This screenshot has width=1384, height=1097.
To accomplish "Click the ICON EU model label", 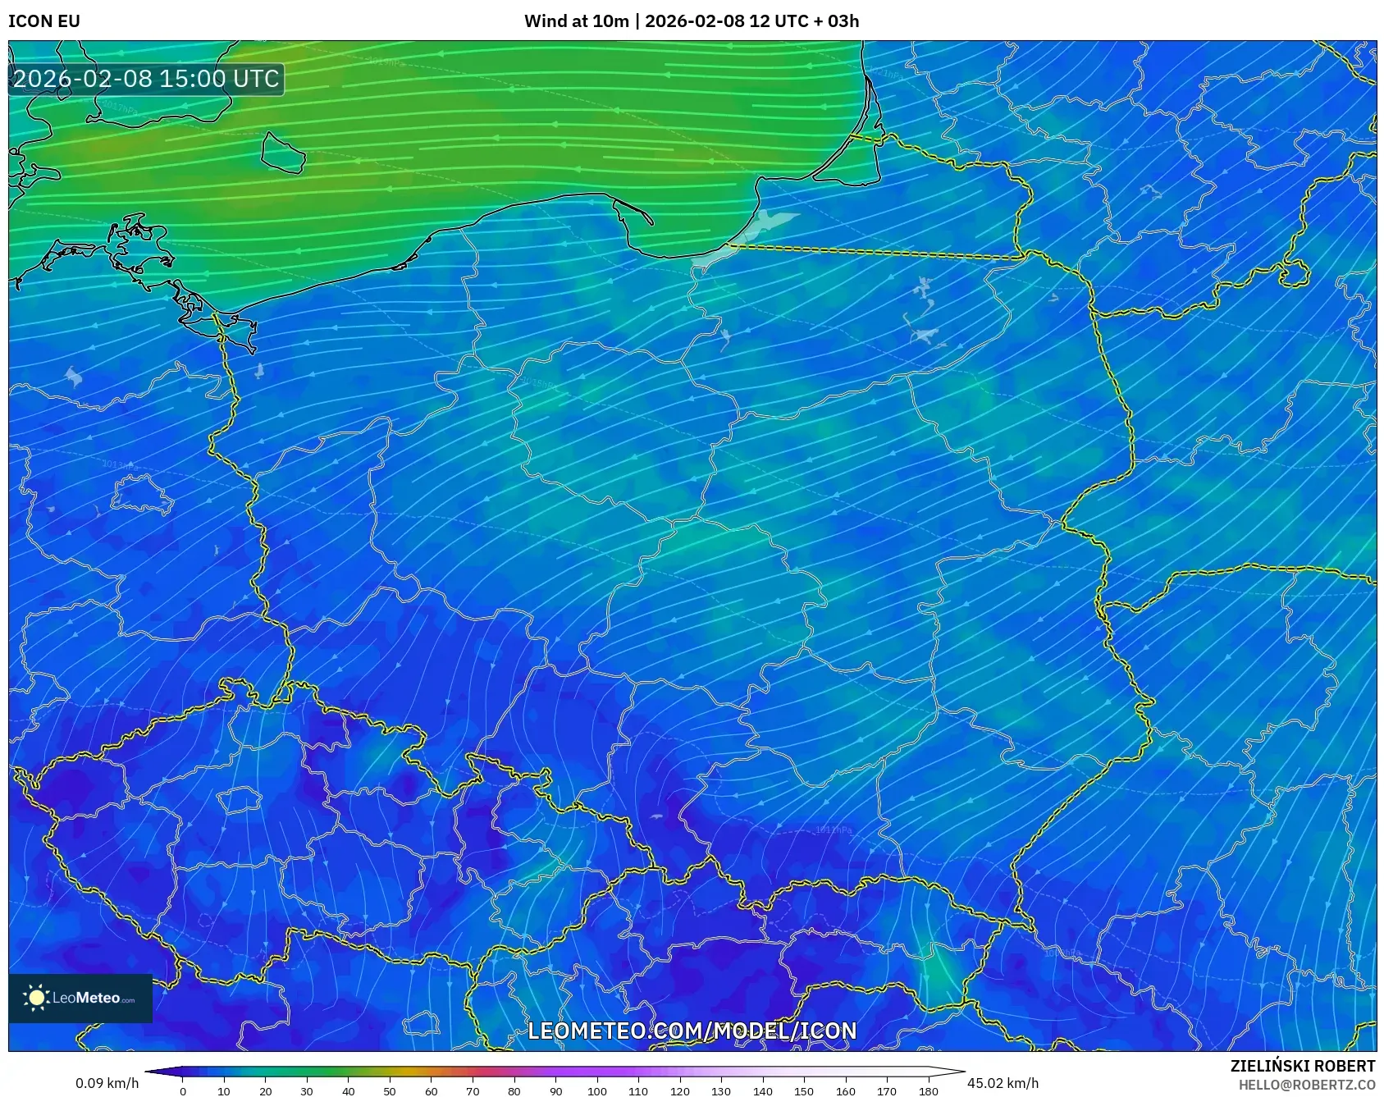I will pos(44,21).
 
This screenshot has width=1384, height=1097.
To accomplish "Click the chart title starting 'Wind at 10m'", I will pos(692,21).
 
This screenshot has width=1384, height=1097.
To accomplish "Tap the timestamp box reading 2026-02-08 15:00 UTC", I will pos(147,79).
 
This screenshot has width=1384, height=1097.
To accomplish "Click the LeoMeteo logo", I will pos(80,998).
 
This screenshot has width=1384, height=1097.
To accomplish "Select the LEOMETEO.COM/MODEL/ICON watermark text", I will pos(692,1031).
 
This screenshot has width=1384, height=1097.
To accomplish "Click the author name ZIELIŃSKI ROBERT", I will pos(1302,1066).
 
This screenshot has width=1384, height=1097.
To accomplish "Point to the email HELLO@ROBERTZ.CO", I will pos(1306,1085).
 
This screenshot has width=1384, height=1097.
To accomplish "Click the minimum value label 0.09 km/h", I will pos(107,1083).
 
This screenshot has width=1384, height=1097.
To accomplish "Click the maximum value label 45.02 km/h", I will pos(1003,1083).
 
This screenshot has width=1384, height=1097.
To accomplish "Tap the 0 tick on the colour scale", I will pos(183,1091).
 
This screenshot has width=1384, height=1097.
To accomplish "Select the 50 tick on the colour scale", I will pos(390,1091).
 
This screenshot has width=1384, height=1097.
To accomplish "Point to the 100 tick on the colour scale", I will pos(597,1091).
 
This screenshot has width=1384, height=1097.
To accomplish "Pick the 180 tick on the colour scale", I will pos(928,1091).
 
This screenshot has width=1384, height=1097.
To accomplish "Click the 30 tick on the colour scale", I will pos(307,1091).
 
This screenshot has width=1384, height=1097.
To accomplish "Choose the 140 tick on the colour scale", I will pos(763,1091).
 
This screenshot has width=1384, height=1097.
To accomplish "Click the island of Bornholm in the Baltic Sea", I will pos(283,153).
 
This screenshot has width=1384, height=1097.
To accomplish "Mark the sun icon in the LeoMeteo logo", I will pos(36,998).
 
